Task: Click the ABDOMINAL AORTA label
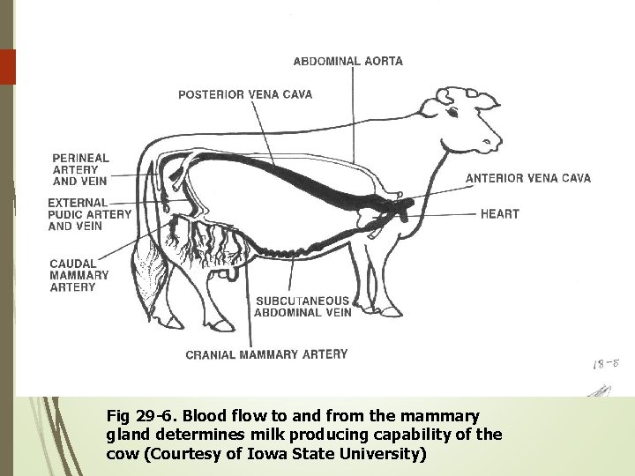pyautogui.click(x=347, y=61)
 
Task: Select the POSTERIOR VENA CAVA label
pyautogui.click(x=245, y=94)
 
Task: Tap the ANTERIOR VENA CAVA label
pyautogui.click(x=528, y=178)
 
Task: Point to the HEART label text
pyautogui.click(x=500, y=213)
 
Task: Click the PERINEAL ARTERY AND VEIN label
pyautogui.click(x=80, y=169)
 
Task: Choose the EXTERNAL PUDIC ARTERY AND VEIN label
pyautogui.click(x=89, y=214)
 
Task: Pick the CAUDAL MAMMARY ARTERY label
pyautogui.click(x=79, y=275)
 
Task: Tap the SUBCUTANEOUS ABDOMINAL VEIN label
pyautogui.click(x=303, y=306)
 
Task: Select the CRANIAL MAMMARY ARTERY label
pyautogui.click(x=266, y=355)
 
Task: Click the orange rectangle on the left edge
pyautogui.click(x=8, y=66)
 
